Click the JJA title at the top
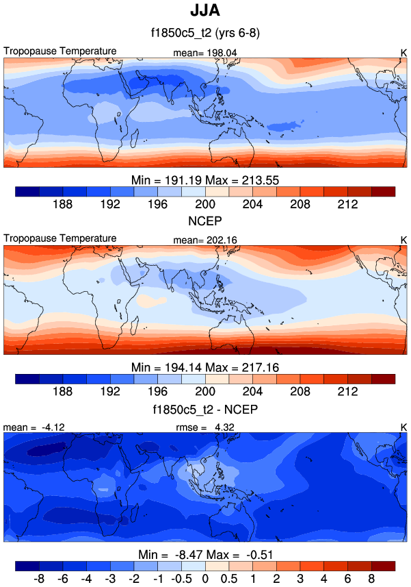[205, 12]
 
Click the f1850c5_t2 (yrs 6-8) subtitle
[205, 33]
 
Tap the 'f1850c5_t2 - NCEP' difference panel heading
[205, 410]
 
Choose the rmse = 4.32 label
[206, 427]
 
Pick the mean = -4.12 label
[27, 427]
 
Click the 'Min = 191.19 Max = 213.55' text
[205, 179]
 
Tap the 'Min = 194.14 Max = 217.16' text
[205, 368]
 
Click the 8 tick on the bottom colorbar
[372, 579]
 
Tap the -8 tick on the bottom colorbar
[39, 579]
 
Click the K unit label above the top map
[403, 52]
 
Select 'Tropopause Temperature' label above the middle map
[60, 238]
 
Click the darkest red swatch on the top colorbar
[383, 191]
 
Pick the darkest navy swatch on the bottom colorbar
[27, 566]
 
